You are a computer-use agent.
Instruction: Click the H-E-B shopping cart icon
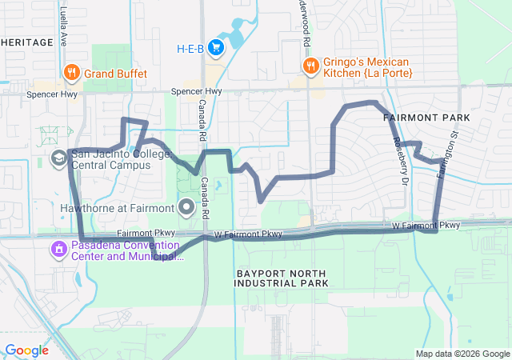215,48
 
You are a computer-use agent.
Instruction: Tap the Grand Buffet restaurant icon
72,73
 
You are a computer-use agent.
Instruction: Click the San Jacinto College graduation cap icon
58,158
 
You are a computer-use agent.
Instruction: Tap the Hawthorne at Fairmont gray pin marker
187,208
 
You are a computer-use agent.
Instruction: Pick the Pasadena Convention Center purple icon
58,250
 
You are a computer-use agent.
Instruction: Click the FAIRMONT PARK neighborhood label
426,118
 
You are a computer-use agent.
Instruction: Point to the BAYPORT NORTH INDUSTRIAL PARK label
282,278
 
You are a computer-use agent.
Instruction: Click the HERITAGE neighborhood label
27,42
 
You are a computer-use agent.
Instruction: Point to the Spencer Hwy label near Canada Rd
197,92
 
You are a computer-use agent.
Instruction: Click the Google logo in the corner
26,350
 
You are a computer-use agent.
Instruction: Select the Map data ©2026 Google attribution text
462,354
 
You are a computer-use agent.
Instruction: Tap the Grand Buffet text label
117,74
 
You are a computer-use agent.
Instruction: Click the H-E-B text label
190,48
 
